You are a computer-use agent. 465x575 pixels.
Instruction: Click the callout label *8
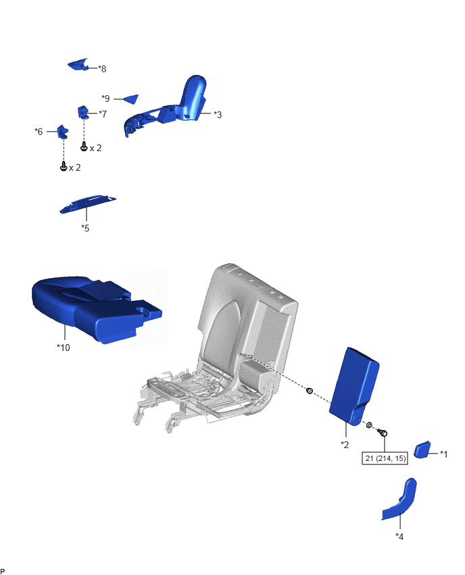(102, 69)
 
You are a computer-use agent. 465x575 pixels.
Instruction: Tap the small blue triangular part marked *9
(132, 99)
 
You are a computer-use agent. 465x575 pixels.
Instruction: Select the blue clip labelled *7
(82, 112)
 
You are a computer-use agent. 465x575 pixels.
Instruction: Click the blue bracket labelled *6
(62, 132)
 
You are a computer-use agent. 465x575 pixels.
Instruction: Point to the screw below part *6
(64, 167)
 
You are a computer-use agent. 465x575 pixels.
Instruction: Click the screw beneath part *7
(84, 147)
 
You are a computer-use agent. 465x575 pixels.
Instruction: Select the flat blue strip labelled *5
(87, 204)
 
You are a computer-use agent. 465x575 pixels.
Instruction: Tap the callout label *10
(63, 348)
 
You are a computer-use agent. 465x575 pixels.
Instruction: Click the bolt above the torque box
(383, 433)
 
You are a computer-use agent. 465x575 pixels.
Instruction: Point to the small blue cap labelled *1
(422, 449)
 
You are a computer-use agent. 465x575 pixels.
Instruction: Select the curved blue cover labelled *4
(401, 500)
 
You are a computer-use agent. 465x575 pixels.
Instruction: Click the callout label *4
(399, 537)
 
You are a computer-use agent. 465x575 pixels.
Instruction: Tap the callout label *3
(218, 115)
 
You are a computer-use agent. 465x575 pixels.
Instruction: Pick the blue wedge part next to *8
(78, 65)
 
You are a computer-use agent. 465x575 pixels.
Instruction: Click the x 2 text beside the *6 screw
(75, 167)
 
